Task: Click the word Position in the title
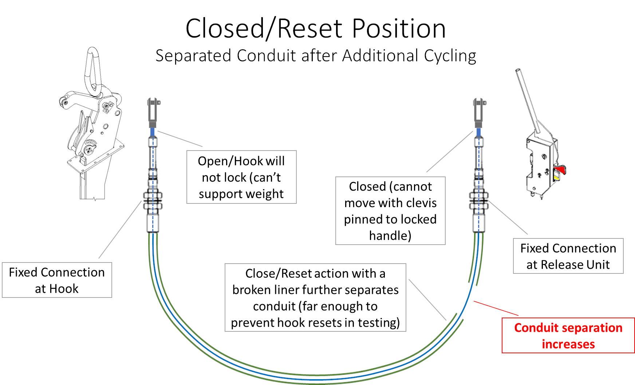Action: pyautogui.click(x=399, y=29)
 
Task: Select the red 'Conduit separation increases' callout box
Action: pyautogui.click(x=568, y=335)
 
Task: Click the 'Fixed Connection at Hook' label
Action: pyautogui.click(x=57, y=280)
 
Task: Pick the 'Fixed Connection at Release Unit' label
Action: pyautogui.click(x=568, y=256)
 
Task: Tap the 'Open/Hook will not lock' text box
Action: pyautogui.click(x=241, y=177)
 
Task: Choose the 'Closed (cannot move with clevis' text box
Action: pyautogui.click(x=390, y=211)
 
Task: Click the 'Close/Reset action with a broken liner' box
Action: pyautogui.click(x=315, y=297)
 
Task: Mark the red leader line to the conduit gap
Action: pyautogui.click(x=496, y=308)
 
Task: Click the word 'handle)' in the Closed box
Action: pyautogui.click(x=390, y=236)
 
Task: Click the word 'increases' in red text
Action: pyautogui.click(x=568, y=344)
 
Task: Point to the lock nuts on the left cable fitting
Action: pyautogui.click(x=153, y=201)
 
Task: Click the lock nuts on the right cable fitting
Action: pyautogui.click(x=479, y=201)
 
